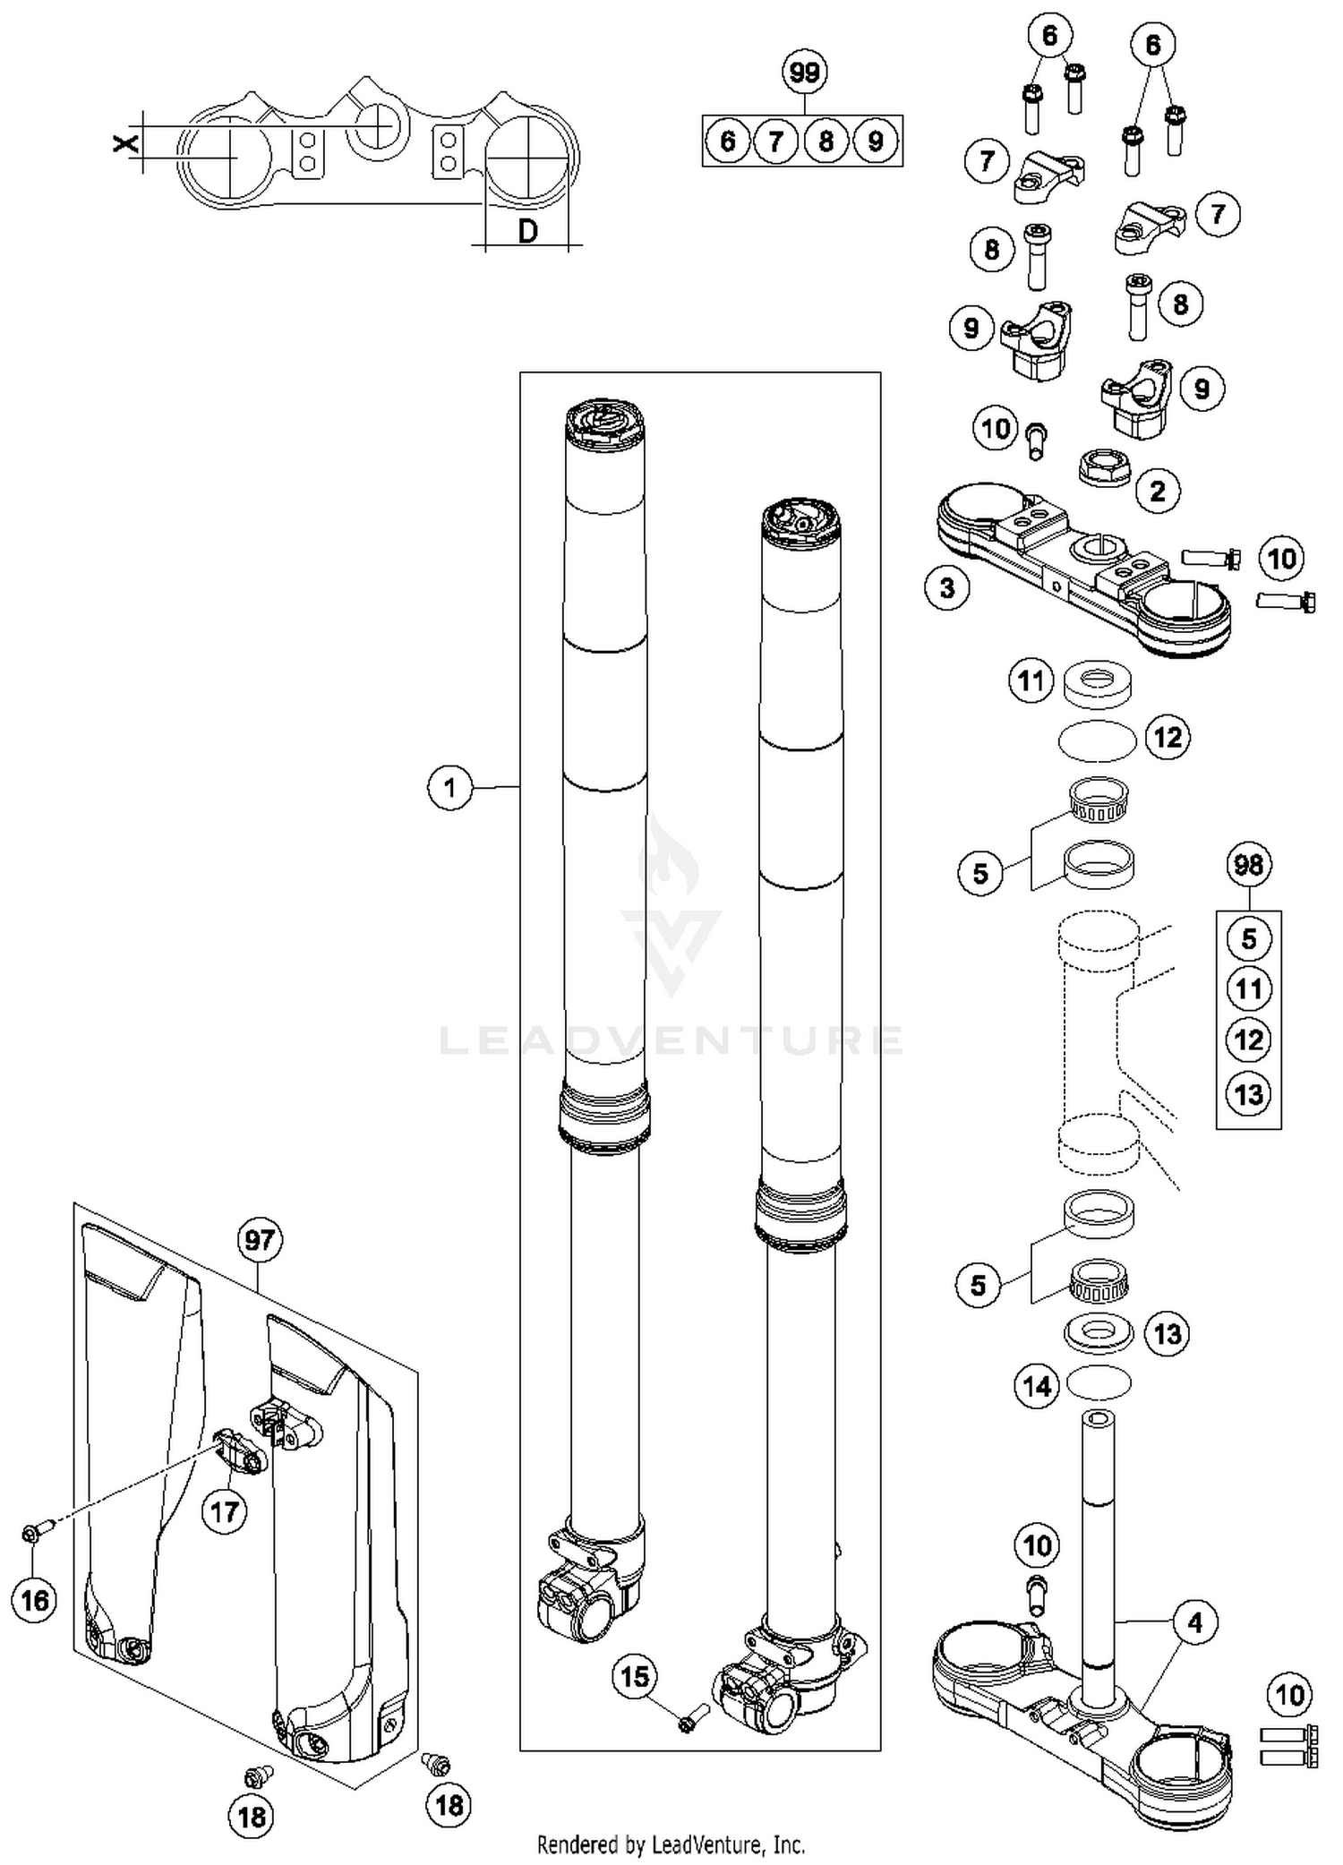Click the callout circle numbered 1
coord(449,788)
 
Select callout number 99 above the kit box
coord(804,72)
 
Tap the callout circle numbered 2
coord(1157,491)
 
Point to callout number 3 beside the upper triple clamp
coord(947,589)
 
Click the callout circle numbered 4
coord(1195,1621)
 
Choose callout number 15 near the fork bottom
coord(635,1676)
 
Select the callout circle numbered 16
coord(35,1600)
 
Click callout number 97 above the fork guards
coord(260,1240)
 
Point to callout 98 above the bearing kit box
coord(1248,864)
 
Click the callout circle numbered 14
coord(1037,1387)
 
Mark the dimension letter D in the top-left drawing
coord(528,231)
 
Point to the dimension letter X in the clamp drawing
coord(126,141)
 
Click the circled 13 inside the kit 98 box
coord(1248,1093)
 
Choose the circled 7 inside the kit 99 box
coord(776,141)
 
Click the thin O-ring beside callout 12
coord(1098,740)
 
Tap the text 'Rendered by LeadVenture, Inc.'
coord(671,1844)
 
